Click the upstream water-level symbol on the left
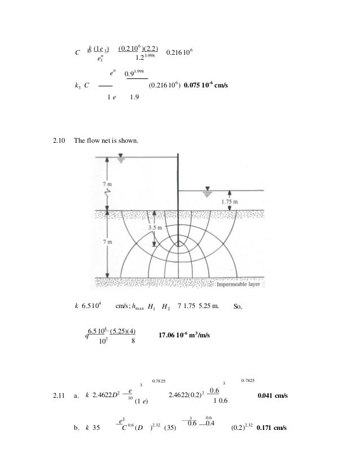point(121,160)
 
